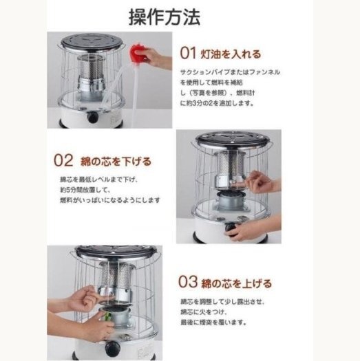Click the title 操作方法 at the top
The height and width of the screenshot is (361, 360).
tap(165, 17)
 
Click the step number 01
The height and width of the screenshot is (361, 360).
tap(188, 53)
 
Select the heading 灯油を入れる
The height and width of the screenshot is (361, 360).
tap(231, 54)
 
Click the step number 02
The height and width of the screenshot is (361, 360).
tap(63, 160)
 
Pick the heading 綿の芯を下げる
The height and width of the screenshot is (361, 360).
tap(116, 162)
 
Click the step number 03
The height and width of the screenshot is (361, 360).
tap(188, 281)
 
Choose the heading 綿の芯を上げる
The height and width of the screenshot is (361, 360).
tap(237, 283)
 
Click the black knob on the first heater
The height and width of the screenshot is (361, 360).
tap(92, 117)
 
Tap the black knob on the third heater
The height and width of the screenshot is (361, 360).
tap(111, 349)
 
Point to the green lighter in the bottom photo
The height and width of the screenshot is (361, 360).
tap(107, 316)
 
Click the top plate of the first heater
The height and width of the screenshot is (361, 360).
tap(92, 42)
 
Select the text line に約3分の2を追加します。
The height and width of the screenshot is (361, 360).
tap(217, 103)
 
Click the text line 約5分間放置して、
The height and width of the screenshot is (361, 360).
tap(85, 190)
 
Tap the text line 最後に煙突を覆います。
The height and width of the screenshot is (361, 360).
tap(213, 322)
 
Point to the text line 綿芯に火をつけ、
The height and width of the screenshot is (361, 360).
tap(204, 312)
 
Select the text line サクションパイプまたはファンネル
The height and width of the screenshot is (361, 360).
tap(230, 72)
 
